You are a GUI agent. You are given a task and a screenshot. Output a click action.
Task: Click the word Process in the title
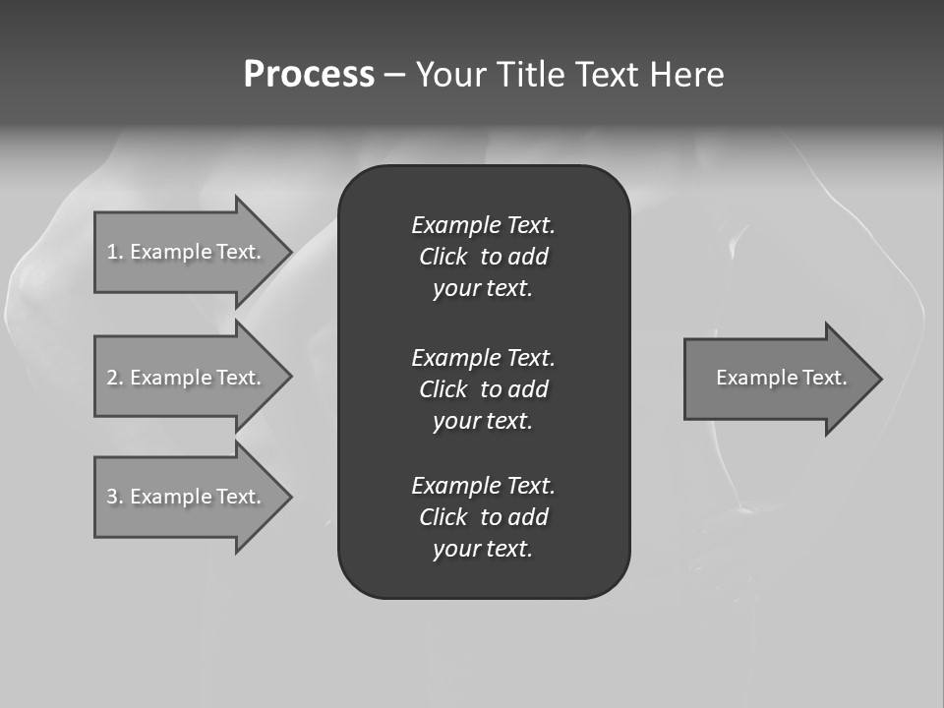point(309,75)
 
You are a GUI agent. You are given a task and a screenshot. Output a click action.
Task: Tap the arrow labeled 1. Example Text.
point(187,252)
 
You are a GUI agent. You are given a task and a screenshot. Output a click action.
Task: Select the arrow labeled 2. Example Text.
point(187,378)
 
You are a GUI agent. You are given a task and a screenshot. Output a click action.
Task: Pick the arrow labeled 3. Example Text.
point(187,497)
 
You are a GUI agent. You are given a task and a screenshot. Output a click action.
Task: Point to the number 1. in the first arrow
point(115,252)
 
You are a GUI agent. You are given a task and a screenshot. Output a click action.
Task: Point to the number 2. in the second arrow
point(115,378)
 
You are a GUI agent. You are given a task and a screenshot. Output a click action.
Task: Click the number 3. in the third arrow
point(115,497)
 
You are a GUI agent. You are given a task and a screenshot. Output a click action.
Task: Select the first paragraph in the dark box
point(483,257)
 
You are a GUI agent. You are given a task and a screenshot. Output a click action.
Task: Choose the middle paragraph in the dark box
point(483,388)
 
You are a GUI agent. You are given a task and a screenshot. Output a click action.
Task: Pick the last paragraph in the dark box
point(483,517)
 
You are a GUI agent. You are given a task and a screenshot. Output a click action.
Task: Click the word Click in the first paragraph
point(442,257)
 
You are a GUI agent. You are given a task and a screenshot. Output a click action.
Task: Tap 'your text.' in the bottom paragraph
point(483,549)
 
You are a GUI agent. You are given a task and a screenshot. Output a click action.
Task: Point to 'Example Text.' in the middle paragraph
point(483,357)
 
